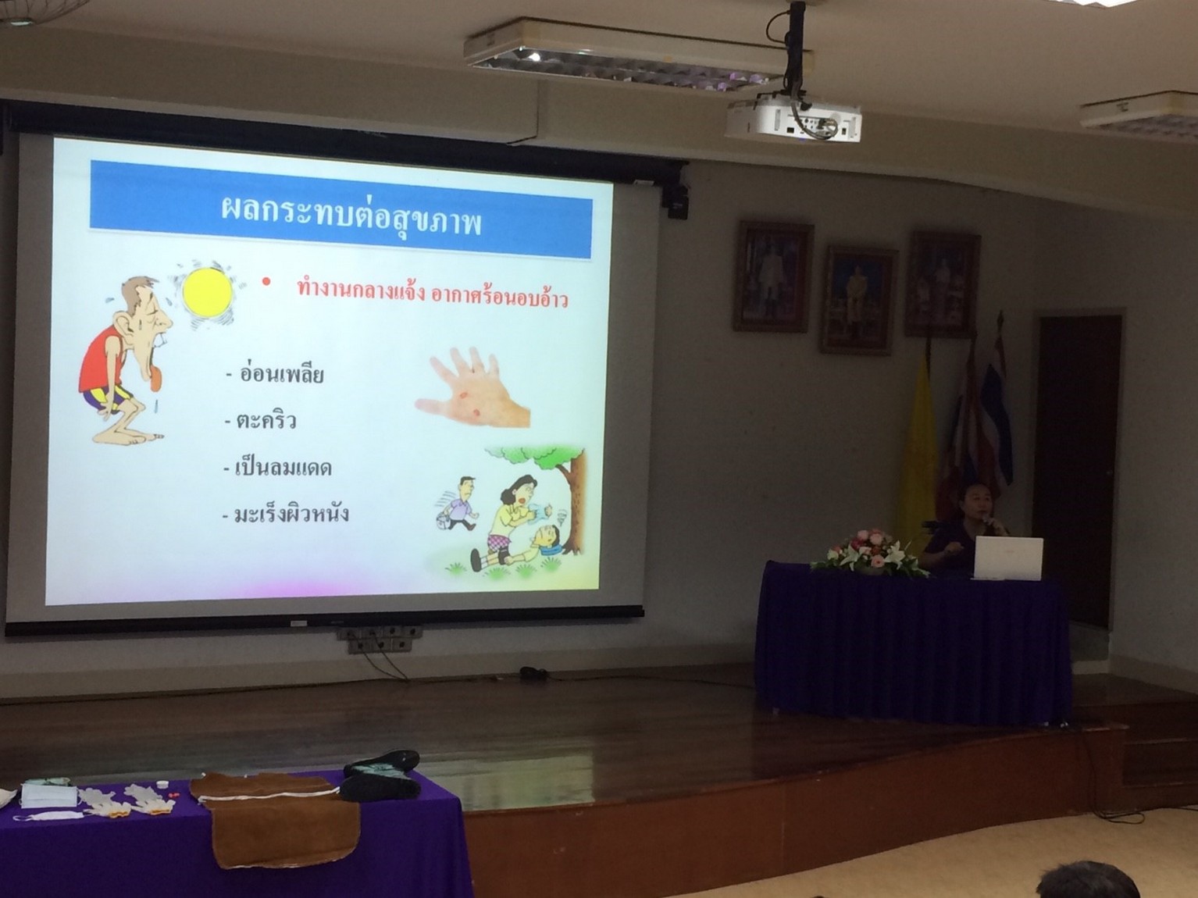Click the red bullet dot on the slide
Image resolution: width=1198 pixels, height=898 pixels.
[266, 282]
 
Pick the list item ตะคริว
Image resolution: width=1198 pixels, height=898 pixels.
[260, 419]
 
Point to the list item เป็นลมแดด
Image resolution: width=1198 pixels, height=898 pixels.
[278, 467]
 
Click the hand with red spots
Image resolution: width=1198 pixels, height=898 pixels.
[472, 387]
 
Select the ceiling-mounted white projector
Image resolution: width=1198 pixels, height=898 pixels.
[793, 122]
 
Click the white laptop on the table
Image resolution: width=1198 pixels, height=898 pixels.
[1008, 558]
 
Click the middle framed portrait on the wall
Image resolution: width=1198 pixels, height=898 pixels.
[858, 300]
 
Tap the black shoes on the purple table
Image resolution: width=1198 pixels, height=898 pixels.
[382, 775]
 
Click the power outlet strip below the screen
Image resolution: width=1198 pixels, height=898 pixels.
[380, 640]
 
